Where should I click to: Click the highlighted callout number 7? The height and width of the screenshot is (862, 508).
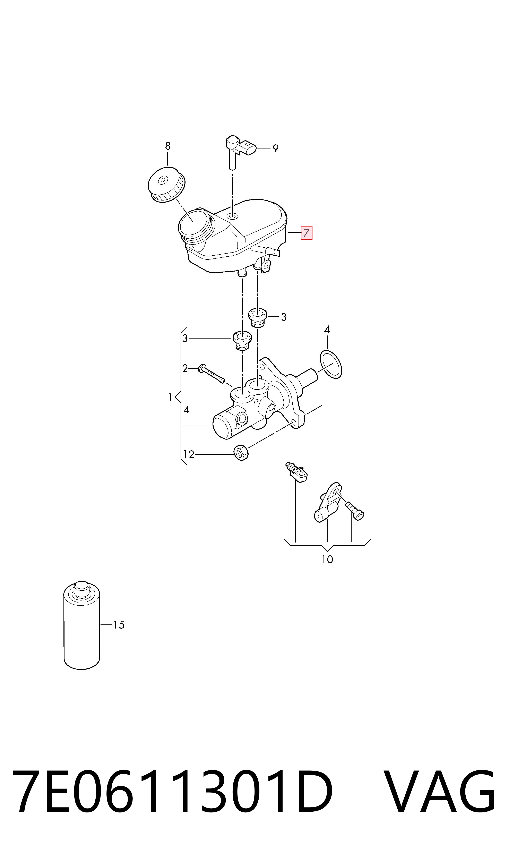click(306, 233)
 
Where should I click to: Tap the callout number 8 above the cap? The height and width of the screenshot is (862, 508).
click(167, 146)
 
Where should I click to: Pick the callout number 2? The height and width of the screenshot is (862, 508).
click(185, 369)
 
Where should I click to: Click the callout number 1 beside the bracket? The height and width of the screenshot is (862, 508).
click(171, 398)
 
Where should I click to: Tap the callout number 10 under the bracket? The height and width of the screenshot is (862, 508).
click(327, 559)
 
